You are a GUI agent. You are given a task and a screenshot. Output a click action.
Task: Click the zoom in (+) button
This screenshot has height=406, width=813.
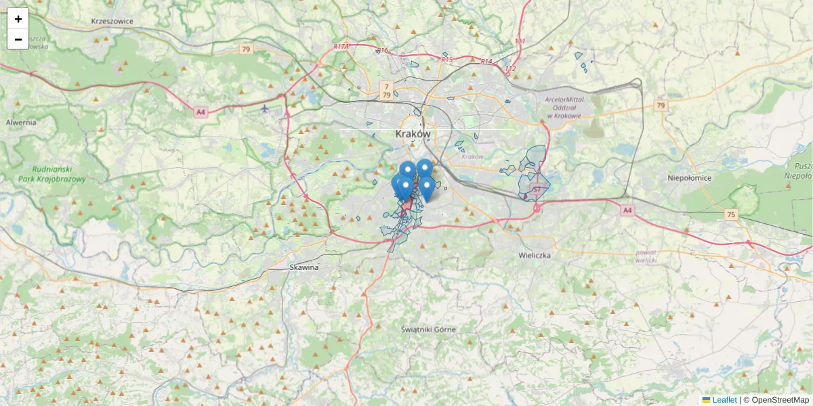click(18, 19)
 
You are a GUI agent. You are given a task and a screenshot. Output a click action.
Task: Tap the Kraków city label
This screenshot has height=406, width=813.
click(413, 134)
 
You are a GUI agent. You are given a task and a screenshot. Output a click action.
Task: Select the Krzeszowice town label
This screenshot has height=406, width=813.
click(112, 21)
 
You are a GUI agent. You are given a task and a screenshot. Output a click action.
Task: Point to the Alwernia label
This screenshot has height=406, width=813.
click(20, 122)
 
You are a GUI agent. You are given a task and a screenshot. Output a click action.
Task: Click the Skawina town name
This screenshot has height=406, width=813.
click(304, 267)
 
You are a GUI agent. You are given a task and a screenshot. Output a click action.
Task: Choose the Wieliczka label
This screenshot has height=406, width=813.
click(535, 256)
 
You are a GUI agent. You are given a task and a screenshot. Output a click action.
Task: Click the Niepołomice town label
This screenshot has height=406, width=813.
click(689, 178)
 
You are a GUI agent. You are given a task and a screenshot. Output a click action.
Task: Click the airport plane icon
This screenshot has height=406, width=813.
click(264, 108)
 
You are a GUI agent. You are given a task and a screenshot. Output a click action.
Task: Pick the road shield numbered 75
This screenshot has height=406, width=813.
click(730, 215)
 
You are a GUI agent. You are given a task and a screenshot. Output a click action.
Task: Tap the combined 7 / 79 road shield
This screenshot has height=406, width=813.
click(386, 90)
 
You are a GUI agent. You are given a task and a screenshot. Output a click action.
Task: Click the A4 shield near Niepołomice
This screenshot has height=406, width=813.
click(628, 210)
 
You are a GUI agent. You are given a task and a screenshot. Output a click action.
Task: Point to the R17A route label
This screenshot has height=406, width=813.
click(341, 47)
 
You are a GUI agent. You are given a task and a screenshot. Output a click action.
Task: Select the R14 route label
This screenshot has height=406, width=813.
click(486, 62)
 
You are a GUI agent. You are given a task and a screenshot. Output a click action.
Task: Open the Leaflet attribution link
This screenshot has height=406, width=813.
click(724, 400)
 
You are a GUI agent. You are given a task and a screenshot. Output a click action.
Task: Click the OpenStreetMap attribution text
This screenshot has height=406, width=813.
click(780, 400)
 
